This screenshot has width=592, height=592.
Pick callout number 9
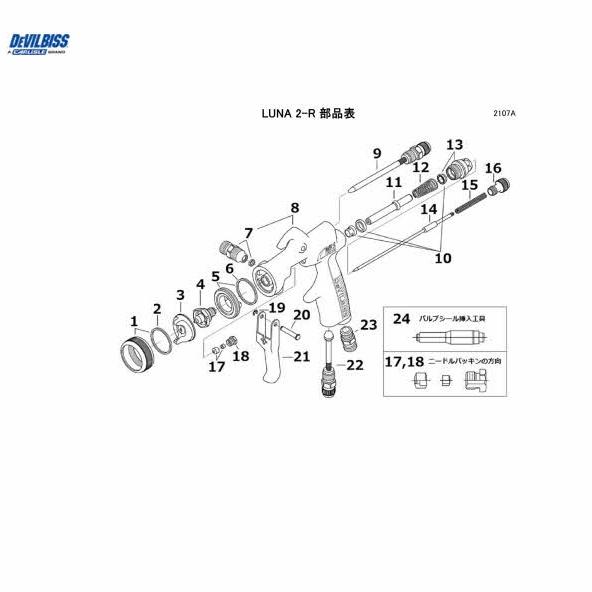point(377,152)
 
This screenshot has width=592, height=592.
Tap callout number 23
point(368,324)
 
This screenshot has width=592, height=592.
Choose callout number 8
point(294,209)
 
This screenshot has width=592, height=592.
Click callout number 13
point(455,145)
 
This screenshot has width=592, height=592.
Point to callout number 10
point(442,257)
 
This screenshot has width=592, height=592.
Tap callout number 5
point(215,275)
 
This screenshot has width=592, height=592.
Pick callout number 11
point(394,183)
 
